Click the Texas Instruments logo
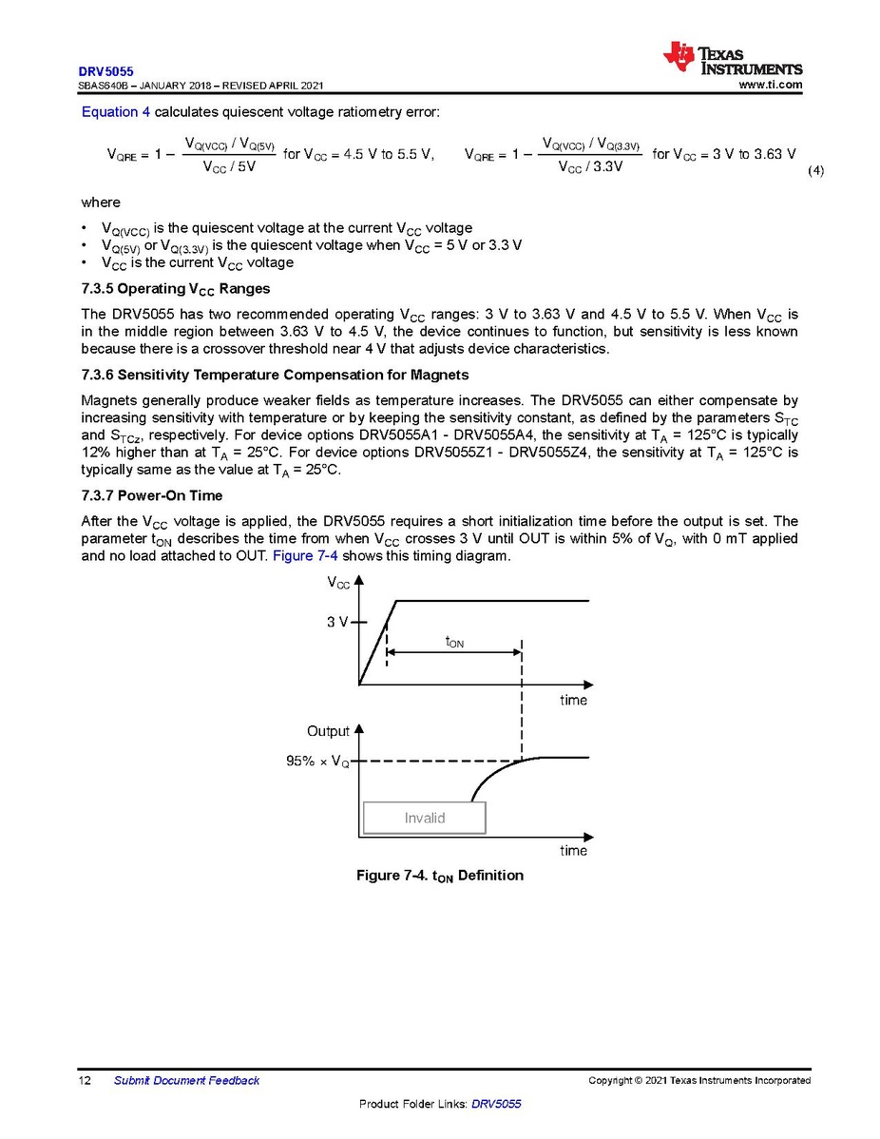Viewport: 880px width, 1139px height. click(x=733, y=59)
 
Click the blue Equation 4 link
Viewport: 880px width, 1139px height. click(x=116, y=112)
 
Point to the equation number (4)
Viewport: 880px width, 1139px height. click(x=815, y=171)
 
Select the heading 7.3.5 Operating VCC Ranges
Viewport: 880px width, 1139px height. click(x=176, y=288)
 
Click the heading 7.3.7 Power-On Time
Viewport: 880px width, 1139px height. click(x=152, y=495)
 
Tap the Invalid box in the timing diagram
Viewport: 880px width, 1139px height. click(x=425, y=818)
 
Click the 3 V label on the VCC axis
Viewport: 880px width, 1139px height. click(x=337, y=623)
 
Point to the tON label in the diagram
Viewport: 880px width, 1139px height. click(x=454, y=643)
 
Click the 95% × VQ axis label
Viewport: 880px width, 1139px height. click(x=317, y=762)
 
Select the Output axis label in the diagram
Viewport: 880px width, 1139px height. click(x=328, y=731)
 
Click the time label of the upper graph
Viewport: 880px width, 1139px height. click(x=574, y=701)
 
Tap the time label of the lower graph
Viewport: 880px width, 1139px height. click(x=574, y=851)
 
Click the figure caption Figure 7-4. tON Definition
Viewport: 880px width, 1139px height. click(x=440, y=875)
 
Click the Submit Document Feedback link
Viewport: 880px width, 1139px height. click(x=186, y=1080)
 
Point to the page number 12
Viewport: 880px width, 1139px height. click(x=85, y=1080)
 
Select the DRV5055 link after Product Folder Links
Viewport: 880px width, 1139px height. click(x=496, y=1104)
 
